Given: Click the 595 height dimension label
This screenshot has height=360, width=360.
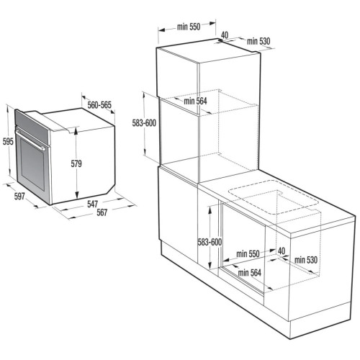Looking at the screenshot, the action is (8, 142).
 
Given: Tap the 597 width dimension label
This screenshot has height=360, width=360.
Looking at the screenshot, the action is (19, 196).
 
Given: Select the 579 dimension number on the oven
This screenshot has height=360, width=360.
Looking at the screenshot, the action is (76, 163).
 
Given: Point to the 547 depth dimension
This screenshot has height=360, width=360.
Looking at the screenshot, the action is (92, 204).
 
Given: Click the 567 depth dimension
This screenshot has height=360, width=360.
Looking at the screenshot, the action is (102, 212).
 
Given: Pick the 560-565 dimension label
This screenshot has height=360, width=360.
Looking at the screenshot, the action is (99, 105).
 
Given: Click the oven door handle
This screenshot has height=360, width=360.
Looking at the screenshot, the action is (30, 140).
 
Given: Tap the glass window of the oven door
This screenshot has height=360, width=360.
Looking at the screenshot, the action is (32, 165).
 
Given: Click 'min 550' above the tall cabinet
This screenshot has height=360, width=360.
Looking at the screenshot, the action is (189, 27).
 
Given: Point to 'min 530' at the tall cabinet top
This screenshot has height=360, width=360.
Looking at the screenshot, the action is (258, 41).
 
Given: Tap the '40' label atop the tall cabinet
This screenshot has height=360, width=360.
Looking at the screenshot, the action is (225, 35).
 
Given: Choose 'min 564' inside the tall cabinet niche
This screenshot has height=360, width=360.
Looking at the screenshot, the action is (195, 101).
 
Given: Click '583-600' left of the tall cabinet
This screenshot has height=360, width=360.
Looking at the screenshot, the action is (144, 123).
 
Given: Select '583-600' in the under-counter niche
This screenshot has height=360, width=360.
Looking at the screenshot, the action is (210, 242).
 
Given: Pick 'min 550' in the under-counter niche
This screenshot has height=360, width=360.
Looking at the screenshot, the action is (248, 253).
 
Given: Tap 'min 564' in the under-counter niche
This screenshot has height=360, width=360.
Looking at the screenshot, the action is (250, 273).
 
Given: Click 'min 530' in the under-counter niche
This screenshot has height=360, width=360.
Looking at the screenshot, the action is (306, 260).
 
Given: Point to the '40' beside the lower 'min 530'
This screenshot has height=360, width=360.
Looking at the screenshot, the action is (282, 251).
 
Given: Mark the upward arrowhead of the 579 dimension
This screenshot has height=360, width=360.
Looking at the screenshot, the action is (76, 131).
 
